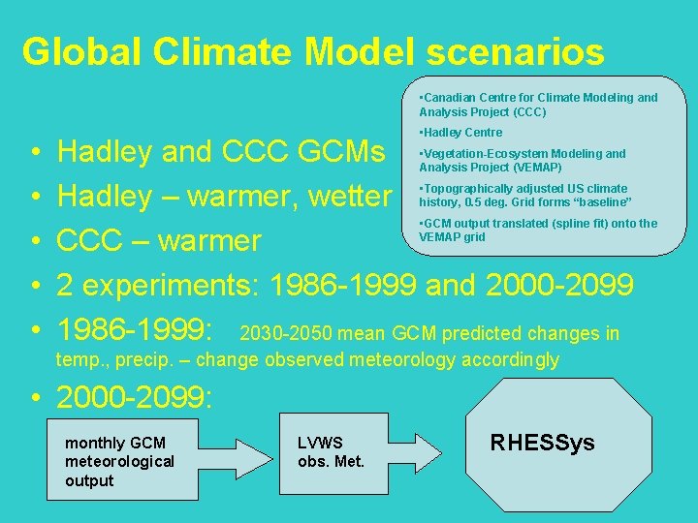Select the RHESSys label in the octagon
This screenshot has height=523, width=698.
[x=542, y=444]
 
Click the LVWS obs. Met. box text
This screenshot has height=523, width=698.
[x=331, y=452]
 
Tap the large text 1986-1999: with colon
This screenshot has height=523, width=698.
[x=135, y=331]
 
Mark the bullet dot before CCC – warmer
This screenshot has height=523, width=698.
[x=34, y=240]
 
